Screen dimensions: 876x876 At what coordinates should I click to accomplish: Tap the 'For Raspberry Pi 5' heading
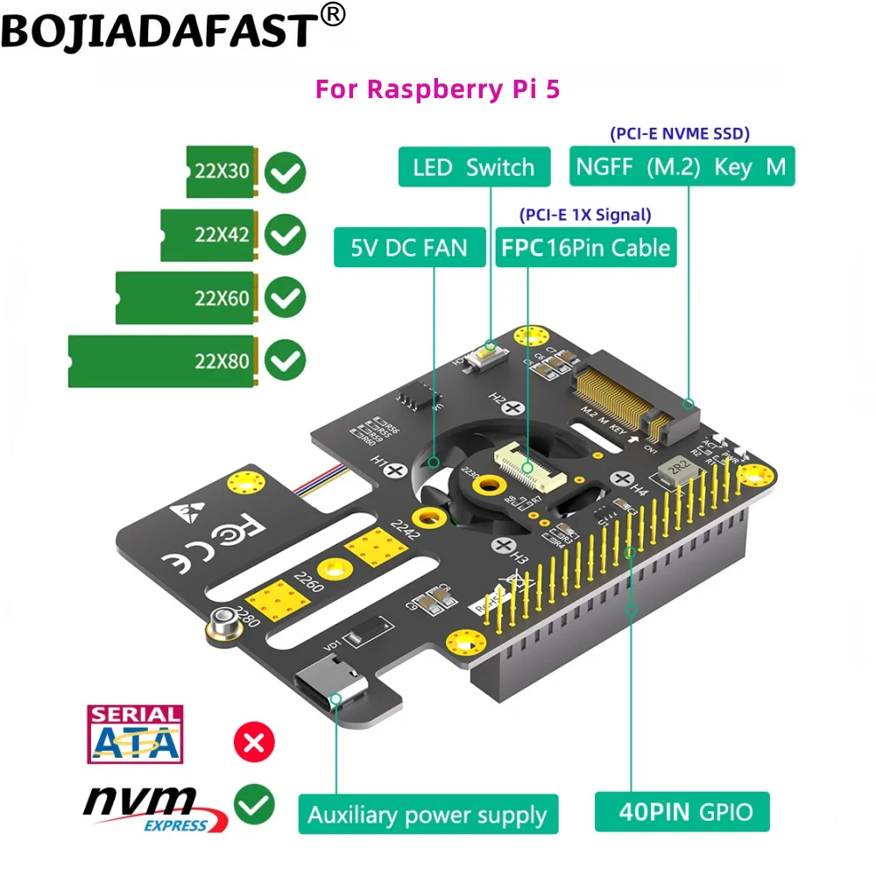(437, 90)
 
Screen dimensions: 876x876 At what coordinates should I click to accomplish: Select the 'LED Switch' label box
(474, 167)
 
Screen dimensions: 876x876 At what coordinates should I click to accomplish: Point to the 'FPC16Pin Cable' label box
(585, 248)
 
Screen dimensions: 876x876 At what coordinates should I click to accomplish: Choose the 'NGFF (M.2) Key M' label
(682, 166)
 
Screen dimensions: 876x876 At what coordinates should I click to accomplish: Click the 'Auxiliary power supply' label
(427, 816)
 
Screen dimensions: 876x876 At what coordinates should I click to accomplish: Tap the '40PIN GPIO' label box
(682, 811)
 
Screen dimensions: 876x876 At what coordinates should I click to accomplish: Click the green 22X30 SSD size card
(222, 172)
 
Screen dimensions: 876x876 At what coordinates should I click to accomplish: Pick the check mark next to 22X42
(285, 235)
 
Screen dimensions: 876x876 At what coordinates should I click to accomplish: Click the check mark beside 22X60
(285, 298)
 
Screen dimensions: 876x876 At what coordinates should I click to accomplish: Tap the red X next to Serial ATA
(254, 744)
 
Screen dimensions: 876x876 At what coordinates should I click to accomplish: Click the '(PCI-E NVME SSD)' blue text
(680, 133)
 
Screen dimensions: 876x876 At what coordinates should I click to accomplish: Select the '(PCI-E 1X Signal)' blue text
(585, 215)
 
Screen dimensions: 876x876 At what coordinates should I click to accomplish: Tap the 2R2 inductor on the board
(675, 468)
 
